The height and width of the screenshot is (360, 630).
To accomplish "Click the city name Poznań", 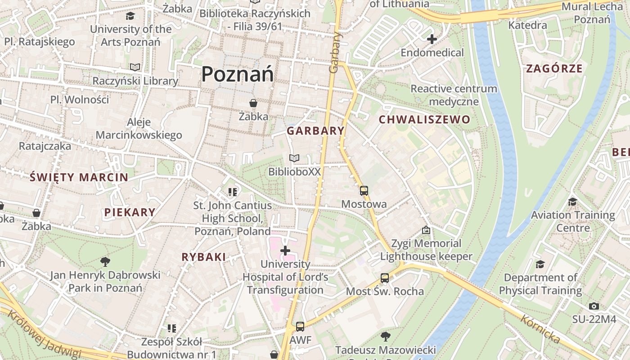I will point(237,74).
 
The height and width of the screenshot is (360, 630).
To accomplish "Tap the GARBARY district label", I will point(315,131).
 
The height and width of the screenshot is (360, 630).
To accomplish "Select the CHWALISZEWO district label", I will point(424,120).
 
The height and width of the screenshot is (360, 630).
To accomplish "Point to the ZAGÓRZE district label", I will point(554,69).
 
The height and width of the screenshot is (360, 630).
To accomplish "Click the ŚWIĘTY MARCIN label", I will point(79,177).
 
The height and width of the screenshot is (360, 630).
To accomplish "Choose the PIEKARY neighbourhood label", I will point(130,212).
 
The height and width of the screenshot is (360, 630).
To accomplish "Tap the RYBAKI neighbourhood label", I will point(203,257).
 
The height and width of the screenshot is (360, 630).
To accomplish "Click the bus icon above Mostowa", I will point(364,191).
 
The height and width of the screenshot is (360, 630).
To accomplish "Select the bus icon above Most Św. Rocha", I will point(384,278).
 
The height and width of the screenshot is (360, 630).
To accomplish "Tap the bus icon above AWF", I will point(300,327).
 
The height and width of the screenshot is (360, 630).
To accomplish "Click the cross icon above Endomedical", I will point(432,39).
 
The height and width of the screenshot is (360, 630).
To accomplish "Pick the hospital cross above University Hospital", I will point(285,250).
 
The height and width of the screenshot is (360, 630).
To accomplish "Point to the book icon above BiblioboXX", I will point(294,158).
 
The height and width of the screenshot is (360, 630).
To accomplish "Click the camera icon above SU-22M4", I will point(594,306).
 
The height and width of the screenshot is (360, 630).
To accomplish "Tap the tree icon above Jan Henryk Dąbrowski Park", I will point(105,261).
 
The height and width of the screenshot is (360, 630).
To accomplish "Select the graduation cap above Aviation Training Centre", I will point(572,202).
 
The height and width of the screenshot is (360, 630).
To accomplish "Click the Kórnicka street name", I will point(540,330).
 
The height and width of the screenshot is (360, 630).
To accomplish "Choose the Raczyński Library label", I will point(135,81).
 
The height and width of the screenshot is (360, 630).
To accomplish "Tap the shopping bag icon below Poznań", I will point(253,103).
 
